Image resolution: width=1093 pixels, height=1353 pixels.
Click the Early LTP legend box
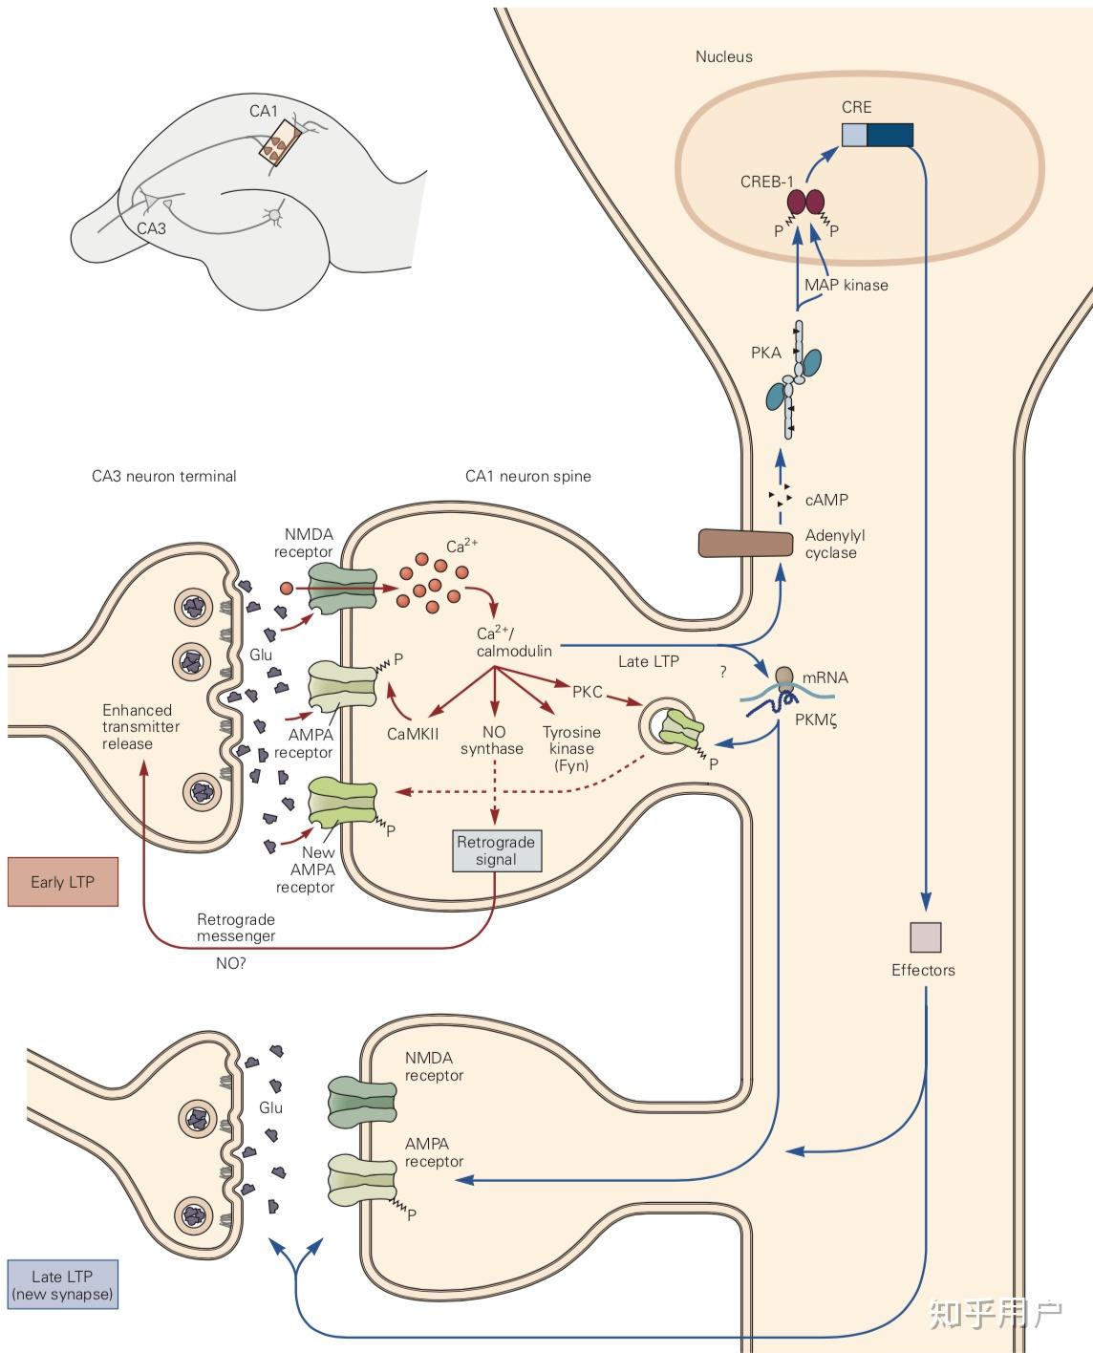(63, 882)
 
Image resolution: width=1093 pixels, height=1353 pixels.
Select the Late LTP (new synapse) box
(63, 1284)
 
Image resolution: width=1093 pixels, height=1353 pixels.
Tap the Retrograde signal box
(497, 850)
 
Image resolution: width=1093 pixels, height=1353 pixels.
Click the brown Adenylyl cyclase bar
(745, 544)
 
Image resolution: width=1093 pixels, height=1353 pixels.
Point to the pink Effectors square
(926, 937)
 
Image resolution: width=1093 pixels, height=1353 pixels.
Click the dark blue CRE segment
(889, 136)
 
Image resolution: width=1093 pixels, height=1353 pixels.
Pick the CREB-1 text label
(766, 182)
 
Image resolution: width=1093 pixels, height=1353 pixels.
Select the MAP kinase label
(846, 285)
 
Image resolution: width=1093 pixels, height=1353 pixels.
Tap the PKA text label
(766, 353)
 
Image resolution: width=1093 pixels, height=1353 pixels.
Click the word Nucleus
(724, 56)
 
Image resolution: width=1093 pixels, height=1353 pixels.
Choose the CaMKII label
(413, 734)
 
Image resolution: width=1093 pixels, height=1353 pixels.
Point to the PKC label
(588, 692)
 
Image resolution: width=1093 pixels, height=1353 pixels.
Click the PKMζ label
(816, 720)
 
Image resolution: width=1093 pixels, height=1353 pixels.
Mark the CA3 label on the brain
(151, 228)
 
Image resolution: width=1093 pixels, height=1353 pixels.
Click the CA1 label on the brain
(264, 111)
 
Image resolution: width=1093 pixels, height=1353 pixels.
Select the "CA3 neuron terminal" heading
(164, 476)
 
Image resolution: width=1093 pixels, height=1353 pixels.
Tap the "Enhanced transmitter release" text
(141, 727)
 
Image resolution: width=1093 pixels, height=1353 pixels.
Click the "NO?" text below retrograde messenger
(230, 963)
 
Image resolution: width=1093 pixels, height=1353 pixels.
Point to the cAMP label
(826, 500)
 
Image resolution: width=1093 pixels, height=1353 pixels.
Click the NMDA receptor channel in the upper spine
(342, 591)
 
